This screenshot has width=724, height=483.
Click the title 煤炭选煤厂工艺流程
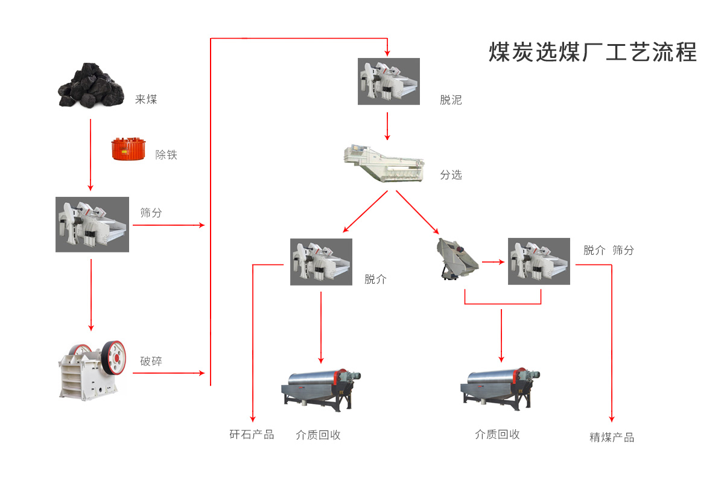pos(592,52)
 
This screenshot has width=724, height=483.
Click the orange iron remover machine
pos(128,149)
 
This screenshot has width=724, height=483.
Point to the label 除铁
pos(167,155)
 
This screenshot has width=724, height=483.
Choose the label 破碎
pos(151,361)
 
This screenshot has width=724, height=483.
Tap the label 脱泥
pos(451,100)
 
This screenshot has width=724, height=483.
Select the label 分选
pos(451,175)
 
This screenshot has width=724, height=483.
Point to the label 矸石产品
pos(252,435)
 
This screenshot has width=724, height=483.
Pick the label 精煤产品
pos(612,438)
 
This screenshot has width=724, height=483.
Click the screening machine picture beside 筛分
pos(92,225)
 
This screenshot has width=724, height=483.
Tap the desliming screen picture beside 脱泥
pos(389,82)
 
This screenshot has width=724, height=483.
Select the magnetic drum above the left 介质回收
pos(320,387)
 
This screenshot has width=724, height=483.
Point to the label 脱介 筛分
pos(608,250)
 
